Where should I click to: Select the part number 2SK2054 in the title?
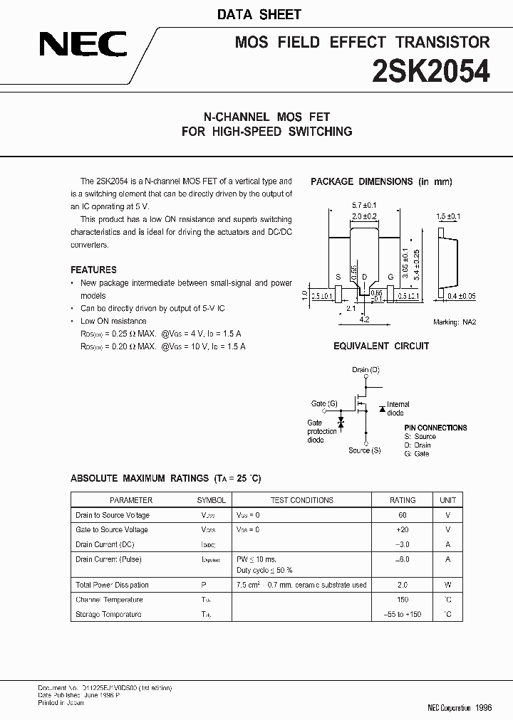tap(431, 72)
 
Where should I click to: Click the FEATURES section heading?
tap(93, 270)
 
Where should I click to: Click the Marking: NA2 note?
tap(454, 322)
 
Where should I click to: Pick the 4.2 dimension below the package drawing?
tap(363, 320)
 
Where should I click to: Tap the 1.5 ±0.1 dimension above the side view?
tap(449, 216)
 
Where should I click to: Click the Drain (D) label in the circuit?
tap(366, 370)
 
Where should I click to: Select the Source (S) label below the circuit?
tap(364, 450)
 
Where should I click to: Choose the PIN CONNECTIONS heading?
tap(435, 428)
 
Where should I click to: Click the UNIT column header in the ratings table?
tap(448, 500)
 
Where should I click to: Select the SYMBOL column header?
tap(211, 500)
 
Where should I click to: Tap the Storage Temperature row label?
tap(108, 614)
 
